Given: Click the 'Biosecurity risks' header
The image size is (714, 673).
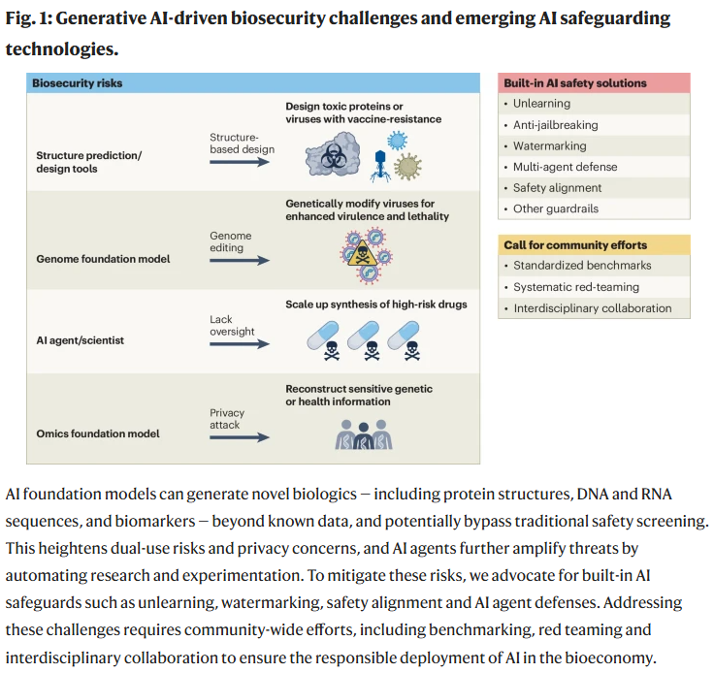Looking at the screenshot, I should pyautogui.click(x=78, y=83).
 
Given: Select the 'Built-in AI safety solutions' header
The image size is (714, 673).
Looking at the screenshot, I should pyautogui.click(x=574, y=83).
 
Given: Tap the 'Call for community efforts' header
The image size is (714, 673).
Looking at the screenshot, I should pyautogui.click(x=574, y=244).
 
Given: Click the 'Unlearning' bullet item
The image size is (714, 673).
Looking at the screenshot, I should pyautogui.click(x=541, y=104).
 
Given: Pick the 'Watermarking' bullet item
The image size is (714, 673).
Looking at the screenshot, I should pyautogui.click(x=549, y=145).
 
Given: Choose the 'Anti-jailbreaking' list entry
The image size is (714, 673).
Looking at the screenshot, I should pyautogui.click(x=555, y=125).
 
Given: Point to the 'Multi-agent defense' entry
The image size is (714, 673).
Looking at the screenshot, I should pyautogui.click(x=565, y=167).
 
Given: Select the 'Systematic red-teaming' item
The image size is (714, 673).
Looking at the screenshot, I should pyautogui.click(x=575, y=287).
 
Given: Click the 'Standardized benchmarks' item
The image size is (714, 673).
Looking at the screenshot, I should pyautogui.click(x=581, y=266).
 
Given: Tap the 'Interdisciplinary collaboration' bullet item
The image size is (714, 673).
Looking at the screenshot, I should pyautogui.click(x=592, y=308).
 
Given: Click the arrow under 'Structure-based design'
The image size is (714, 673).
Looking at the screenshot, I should pyautogui.click(x=240, y=164).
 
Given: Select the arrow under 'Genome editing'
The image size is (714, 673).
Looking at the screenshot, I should pyautogui.click(x=240, y=261).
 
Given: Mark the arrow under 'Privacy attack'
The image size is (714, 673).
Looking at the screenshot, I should pyautogui.click(x=240, y=437).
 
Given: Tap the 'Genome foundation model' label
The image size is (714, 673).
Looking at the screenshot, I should pyautogui.click(x=103, y=260).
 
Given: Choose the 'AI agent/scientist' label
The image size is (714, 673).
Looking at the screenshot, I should pyautogui.click(x=81, y=341).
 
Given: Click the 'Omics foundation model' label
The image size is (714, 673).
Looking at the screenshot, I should pyautogui.click(x=98, y=433).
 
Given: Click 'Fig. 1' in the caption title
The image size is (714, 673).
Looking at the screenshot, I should pyautogui.click(x=29, y=19).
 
